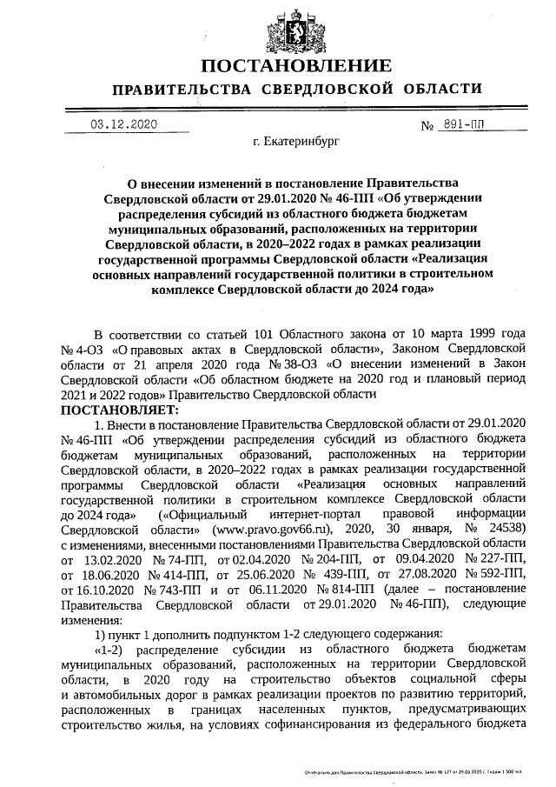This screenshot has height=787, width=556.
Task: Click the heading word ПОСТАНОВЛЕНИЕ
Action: tap(295, 66)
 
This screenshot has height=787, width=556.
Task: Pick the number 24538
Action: tap(504, 527)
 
